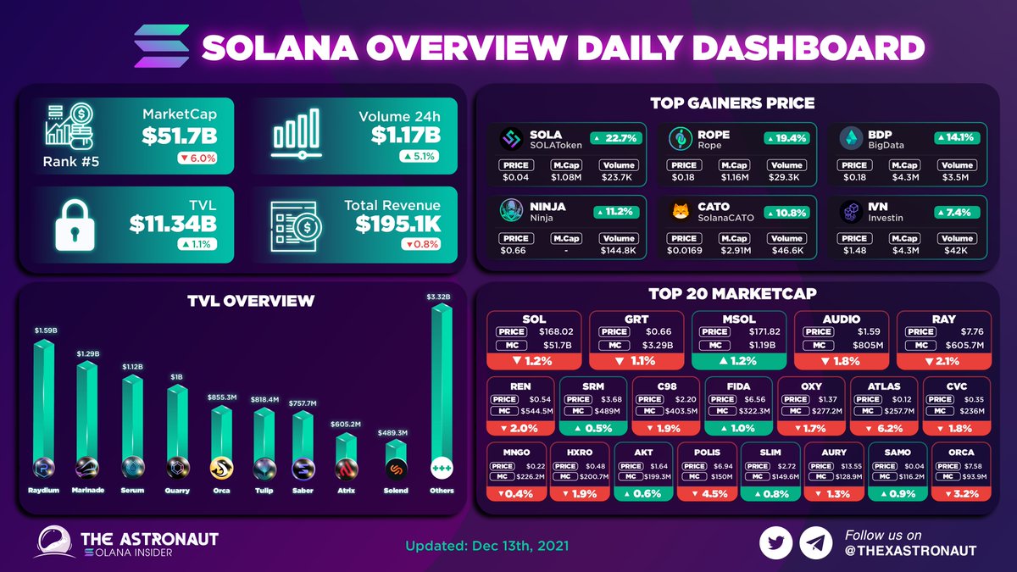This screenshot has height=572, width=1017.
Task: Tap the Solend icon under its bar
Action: tap(396, 469)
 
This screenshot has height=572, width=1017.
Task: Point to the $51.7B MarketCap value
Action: tap(179, 135)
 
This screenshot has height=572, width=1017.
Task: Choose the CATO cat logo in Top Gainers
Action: tap(679, 209)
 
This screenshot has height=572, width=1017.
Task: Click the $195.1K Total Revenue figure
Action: tap(397, 224)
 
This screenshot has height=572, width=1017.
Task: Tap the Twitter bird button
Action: tap(775, 543)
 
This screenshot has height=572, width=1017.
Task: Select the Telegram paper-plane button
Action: tap(815, 543)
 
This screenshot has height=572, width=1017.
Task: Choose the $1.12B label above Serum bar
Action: tap(131, 367)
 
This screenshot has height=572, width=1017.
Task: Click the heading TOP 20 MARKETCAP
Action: tap(732, 294)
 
